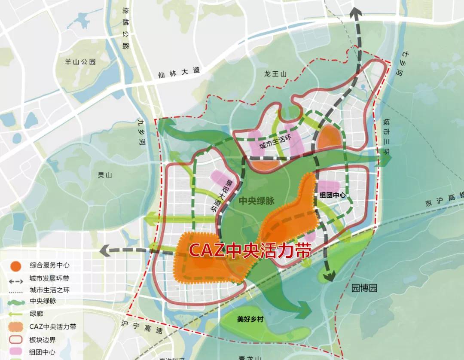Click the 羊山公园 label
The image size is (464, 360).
click(x=80, y=62)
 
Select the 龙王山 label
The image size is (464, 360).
click(x=275, y=74)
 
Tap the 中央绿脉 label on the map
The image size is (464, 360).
click(x=256, y=200)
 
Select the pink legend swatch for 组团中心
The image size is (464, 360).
click(x=16, y=351)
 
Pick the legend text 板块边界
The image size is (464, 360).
click(x=43, y=339)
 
